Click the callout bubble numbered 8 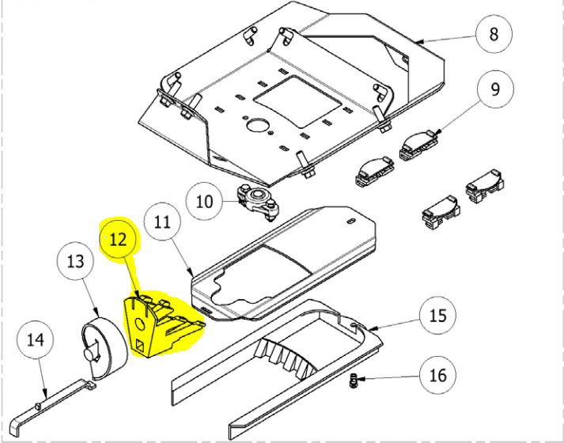point(494,34)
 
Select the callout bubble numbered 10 point(204,202)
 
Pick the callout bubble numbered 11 point(162,224)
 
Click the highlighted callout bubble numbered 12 point(118,239)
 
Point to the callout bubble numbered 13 point(75,261)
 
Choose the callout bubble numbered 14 point(34,341)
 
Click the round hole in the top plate point(258,125)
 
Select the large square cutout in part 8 point(301,100)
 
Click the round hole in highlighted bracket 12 point(141,323)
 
